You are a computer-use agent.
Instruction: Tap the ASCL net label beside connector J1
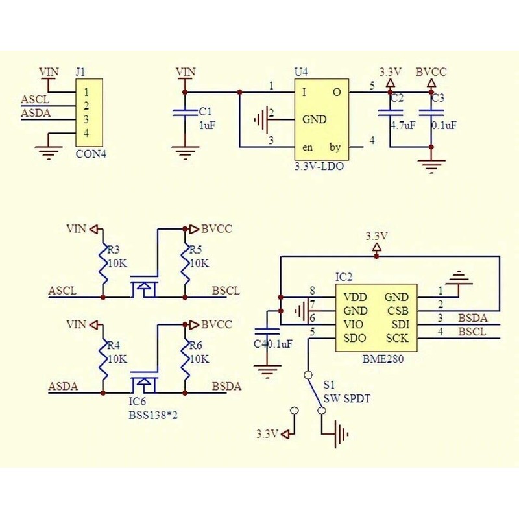[x=34, y=100]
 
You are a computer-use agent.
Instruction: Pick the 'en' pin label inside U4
[x=308, y=147]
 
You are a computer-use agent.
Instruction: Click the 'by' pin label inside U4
[x=335, y=147]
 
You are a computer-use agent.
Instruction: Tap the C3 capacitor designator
[x=438, y=99]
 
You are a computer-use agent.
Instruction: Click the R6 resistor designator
[x=194, y=345]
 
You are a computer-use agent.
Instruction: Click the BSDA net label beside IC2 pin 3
[x=472, y=318]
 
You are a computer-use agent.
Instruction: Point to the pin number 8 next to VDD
[x=313, y=290]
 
